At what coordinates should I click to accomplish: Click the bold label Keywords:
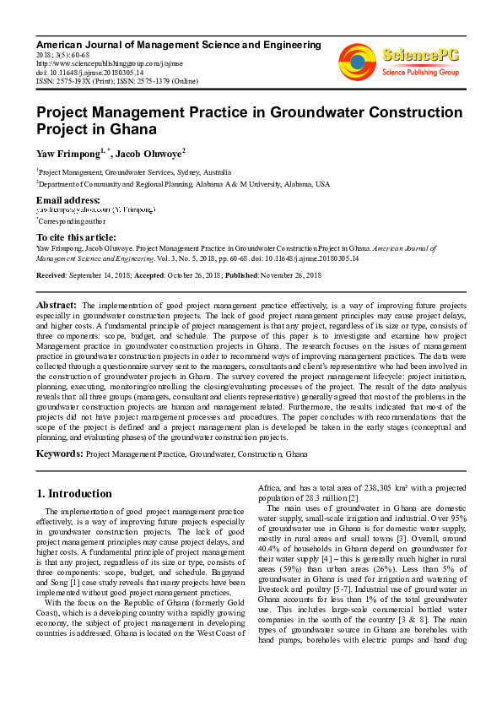click(59, 454)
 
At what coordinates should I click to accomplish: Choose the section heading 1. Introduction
click(75, 493)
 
